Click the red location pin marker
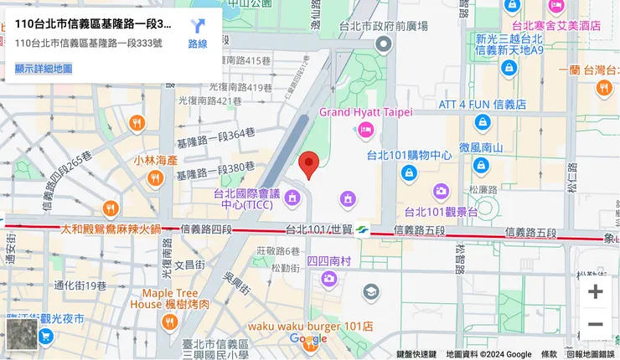310,164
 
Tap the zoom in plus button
595,291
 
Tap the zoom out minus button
595,324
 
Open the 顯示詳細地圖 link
44,69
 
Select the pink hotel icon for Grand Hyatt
365,130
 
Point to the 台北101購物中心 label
409,155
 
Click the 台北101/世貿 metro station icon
363,229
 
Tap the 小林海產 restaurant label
155,160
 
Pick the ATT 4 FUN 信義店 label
481,105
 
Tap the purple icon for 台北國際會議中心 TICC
292,198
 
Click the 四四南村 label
328,260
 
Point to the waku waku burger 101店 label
310,326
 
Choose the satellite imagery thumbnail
20,337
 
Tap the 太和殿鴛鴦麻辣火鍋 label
110,228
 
